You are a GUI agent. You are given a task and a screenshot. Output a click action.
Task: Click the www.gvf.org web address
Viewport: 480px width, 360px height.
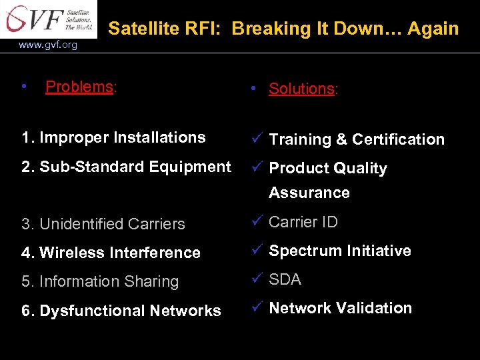pyautogui.click(x=48, y=45)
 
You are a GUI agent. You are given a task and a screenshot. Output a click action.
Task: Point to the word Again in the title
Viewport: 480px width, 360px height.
pyautogui.click(x=433, y=29)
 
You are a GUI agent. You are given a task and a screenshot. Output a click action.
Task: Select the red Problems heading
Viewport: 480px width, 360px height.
pyautogui.click(x=79, y=87)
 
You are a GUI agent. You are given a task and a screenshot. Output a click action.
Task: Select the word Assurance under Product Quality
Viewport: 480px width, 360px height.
pyautogui.click(x=309, y=193)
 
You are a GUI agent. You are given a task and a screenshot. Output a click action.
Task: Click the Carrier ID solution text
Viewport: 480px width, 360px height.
pyautogui.click(x=303, y=222)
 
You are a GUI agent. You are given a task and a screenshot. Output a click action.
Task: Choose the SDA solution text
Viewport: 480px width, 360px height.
pyautogui.click(x=285, y=279)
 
